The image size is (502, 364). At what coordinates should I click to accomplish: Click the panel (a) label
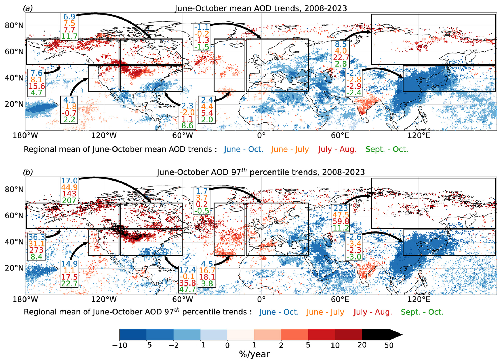coord(28,8)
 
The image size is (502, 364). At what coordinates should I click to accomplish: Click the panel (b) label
coord(28,172)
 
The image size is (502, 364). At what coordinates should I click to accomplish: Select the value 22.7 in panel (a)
coord(341,57)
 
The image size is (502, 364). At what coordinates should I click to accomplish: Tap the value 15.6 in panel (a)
coord(37,86)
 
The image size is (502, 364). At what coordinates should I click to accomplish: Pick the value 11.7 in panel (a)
coord(69,36)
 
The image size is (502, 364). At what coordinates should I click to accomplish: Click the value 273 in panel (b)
coord(37,250)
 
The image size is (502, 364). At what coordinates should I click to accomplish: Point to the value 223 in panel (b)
coord(341,208)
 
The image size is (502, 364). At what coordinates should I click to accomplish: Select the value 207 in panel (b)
coord(69,200)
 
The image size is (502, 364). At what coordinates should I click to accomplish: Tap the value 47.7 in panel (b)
coord(187,289)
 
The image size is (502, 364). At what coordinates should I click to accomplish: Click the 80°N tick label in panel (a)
coord(14,25)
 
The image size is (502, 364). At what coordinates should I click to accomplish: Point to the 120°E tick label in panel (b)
coord(419,300)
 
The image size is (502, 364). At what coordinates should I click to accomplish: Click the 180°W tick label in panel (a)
coord(25,135)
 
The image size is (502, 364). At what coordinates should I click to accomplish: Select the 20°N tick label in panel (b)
coord(14,268)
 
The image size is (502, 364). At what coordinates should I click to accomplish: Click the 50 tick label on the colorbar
coord(389,345)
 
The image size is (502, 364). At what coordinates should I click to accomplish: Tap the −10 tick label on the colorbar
coord(120,345)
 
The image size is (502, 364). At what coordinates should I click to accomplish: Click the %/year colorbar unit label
coord(254,354)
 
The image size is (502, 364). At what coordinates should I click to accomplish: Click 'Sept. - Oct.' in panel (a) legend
coord(387,149)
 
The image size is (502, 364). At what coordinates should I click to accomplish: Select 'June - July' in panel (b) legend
coord(325,312)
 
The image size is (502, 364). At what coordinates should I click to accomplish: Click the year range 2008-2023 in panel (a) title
coord(326,8)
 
